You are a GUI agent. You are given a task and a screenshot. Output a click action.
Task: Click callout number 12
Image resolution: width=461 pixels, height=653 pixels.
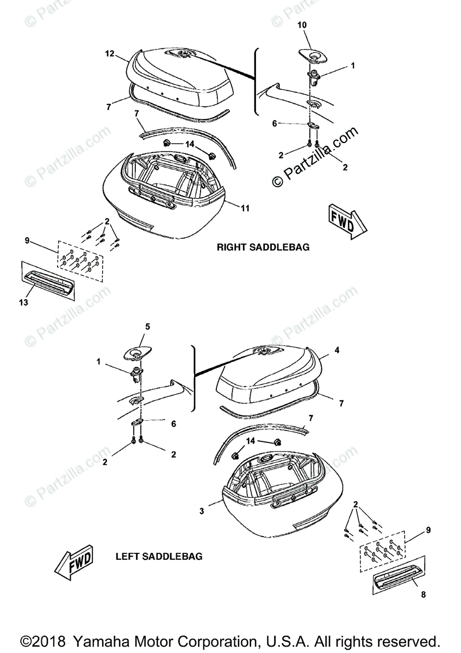[110, 53]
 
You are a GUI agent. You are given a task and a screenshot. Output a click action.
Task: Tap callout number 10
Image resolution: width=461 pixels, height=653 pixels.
[302, 26]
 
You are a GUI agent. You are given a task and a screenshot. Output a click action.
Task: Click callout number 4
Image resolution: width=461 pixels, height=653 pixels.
[337, 350]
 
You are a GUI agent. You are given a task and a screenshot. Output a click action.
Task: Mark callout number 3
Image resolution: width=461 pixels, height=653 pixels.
[202, 511]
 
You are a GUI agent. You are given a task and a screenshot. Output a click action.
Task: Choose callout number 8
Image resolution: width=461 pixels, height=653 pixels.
[423, 595]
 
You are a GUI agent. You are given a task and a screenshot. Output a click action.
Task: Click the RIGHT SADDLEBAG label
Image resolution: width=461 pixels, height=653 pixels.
[263, 247]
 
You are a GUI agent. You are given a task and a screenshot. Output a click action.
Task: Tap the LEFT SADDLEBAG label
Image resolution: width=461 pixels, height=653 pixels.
[159, 557]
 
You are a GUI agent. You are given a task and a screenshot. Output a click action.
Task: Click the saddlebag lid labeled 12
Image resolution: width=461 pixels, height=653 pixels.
[179, 76]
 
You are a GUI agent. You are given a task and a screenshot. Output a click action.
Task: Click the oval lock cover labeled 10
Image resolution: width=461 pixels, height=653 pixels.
[312, 54]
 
